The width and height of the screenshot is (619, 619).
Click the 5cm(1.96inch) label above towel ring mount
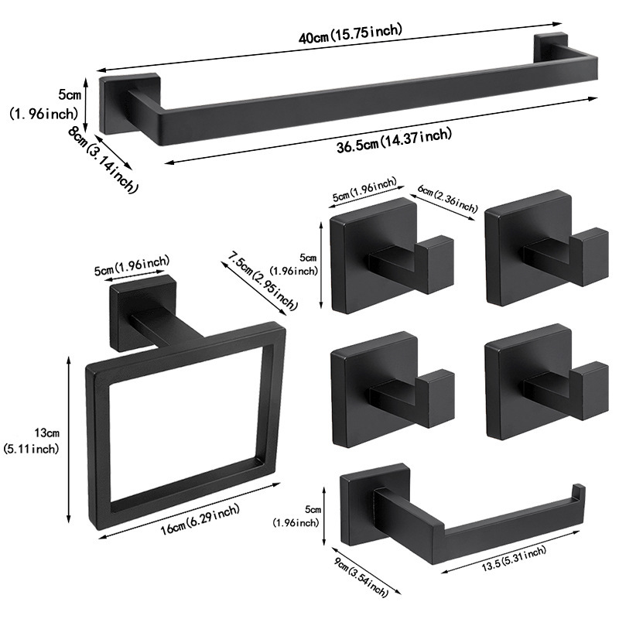[x=132, y=267]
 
